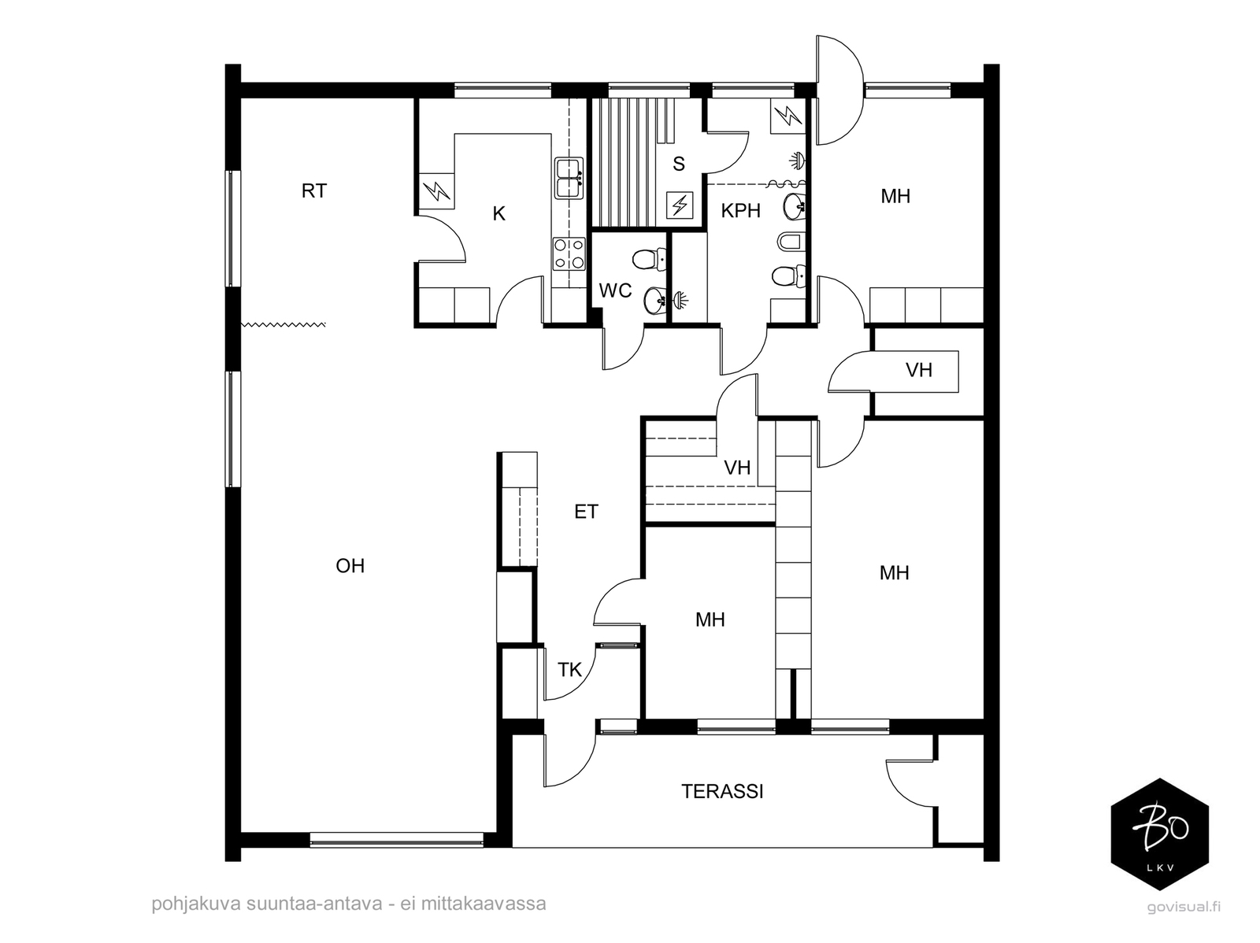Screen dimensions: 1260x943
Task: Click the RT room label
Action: point(314,191)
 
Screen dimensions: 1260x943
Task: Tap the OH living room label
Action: point(350,566)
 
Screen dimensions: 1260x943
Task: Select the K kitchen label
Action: point(498,214)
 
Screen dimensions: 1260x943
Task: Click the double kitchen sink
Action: point(569,179)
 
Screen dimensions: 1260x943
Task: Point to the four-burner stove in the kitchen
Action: point(569,253)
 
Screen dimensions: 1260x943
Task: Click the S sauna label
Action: point(679,164)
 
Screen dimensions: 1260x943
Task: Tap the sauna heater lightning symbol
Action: point(680,205)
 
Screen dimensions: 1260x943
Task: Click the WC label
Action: point(615,290)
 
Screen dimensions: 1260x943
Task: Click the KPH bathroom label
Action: point(740,211)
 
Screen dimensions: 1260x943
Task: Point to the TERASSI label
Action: point(722,792)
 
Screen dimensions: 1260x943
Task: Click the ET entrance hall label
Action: point(586,512)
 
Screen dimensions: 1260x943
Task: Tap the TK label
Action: point(569,669)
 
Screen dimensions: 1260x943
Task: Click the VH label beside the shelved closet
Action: point(737,468)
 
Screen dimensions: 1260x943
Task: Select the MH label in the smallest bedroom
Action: point(710,619)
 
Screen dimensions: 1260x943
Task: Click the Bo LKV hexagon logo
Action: point(1160,834)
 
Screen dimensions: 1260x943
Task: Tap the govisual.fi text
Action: point(1184,907)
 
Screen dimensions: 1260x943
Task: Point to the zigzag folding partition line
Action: point(283,324)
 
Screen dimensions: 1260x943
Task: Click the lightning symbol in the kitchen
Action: point(437,191)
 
